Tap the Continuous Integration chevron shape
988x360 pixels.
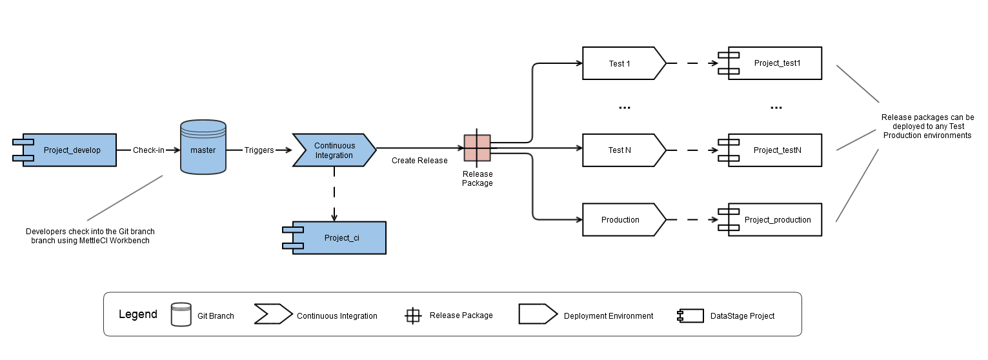[334, 150]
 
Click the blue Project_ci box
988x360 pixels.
[339, 238]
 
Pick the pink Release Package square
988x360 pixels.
[477, 148]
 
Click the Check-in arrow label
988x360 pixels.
[148, 150]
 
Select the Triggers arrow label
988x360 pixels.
[259, 150]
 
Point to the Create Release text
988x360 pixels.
[419, 161]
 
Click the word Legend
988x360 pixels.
[137, 315]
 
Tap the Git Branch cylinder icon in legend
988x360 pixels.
[181, 314]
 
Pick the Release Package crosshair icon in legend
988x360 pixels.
[413, 315]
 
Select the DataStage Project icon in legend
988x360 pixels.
[689, 315]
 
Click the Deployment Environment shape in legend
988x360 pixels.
[537, 314]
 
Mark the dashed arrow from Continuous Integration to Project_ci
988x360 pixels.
[334, 194]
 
